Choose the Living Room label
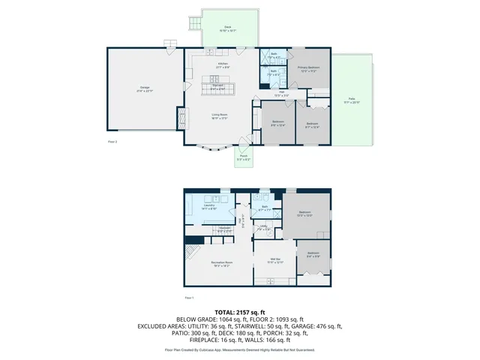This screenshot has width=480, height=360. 219,115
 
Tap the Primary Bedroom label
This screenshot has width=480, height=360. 309,68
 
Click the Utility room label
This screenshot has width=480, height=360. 264,226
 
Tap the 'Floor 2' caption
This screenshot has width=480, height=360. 113,140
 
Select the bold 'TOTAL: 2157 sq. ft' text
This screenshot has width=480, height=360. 240,311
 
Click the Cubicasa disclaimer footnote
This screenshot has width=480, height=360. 240,349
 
